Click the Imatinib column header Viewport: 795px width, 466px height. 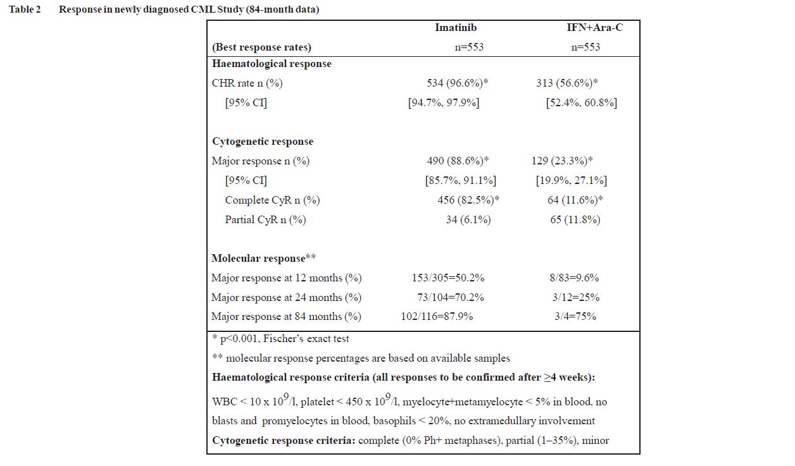455,28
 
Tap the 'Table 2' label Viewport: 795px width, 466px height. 25,10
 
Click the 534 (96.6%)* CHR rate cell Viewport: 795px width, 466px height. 457,83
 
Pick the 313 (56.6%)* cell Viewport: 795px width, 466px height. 567,83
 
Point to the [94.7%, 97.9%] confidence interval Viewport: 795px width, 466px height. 444,102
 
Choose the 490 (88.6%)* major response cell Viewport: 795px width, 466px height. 458,161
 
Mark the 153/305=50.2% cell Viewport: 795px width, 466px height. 448,278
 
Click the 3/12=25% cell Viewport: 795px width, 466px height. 575,298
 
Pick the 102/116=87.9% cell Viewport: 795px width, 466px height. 437,317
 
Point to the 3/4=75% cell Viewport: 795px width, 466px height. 575,317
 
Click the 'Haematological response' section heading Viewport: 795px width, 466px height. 272,64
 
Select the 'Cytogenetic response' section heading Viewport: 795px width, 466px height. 263,142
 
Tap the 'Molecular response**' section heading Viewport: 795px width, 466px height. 263,259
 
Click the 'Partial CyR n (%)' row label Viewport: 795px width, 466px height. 265,220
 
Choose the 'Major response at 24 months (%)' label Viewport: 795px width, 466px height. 286,298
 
